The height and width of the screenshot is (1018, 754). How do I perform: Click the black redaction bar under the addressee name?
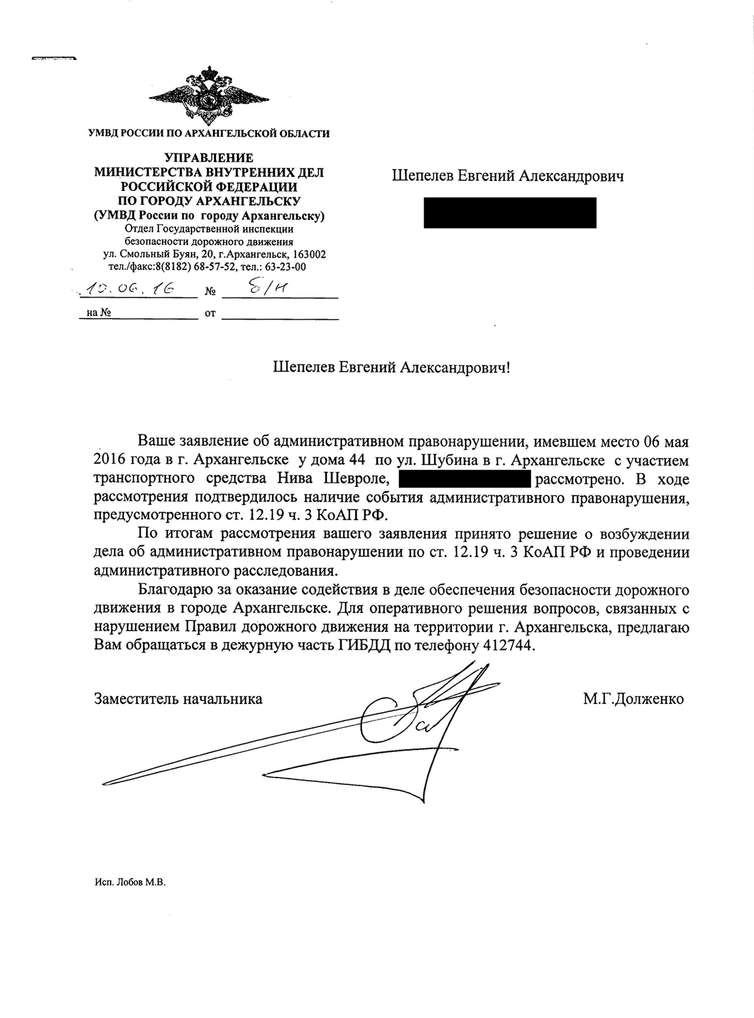(510, 213)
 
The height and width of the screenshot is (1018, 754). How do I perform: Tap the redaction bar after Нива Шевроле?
(465, 480)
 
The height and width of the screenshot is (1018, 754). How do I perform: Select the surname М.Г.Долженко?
(633, 698)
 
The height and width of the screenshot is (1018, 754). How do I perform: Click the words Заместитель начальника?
(178, 698)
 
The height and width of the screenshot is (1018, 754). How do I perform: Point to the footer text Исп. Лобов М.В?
(129, 882)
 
